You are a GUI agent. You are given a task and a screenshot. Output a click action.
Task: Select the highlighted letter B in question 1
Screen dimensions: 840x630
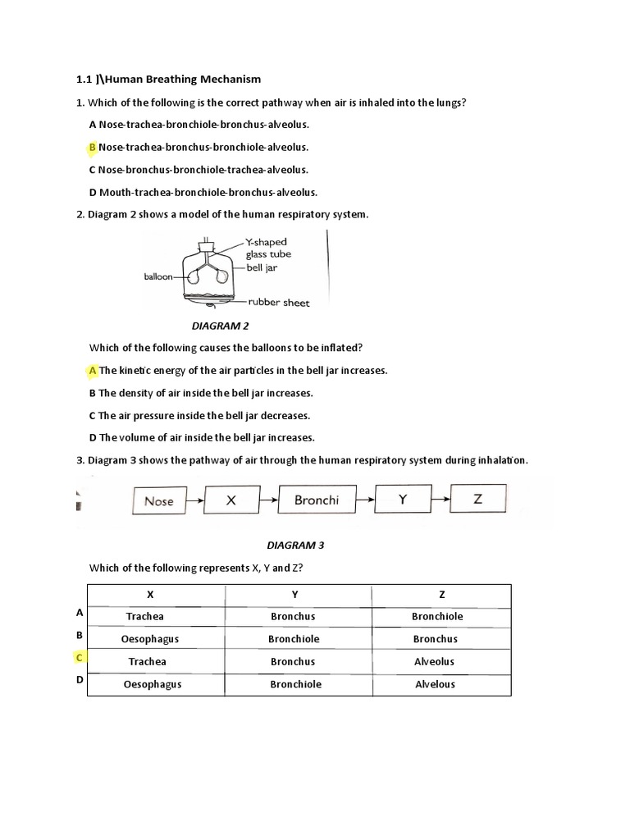pos(93,148)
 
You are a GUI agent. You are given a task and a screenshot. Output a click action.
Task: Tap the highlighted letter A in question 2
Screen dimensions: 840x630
pos(93,371)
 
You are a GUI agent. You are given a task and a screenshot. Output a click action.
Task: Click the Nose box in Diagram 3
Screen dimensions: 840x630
pos(158,500)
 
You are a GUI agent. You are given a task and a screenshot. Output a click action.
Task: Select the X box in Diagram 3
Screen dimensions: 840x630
pos(231,500)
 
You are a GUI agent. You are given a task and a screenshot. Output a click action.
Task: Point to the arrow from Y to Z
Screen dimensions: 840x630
pos(440,499)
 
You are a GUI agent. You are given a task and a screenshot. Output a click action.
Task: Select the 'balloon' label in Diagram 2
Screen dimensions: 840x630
pos(158,277)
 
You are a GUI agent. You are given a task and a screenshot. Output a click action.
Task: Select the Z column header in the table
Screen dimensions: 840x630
pos(441,594)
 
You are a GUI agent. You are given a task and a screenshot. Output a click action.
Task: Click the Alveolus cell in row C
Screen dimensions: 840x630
pos(435,661)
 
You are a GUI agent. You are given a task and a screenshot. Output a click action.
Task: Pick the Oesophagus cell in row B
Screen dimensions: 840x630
pos(150,639)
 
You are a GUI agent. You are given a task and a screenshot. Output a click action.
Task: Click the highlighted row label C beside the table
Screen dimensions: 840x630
pos(80,658)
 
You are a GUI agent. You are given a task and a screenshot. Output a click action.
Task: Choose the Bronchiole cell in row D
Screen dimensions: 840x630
pos(295,684)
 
